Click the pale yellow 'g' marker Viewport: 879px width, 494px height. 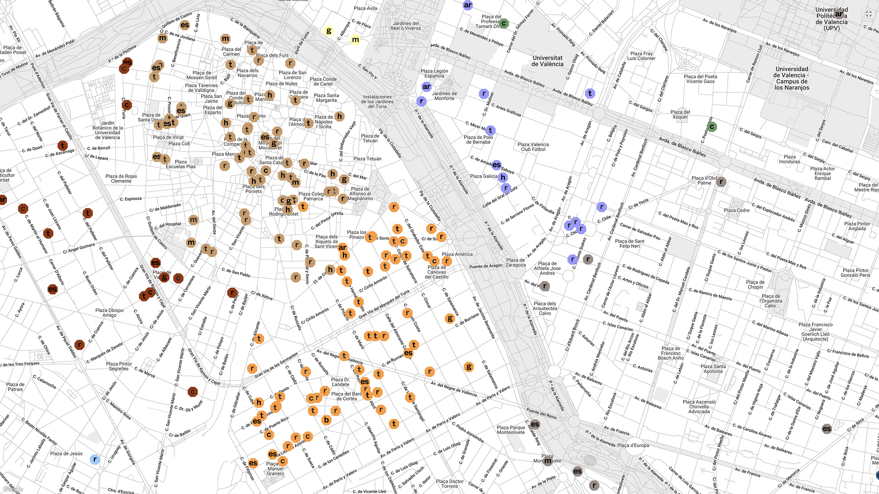pyautogui.click(x=328, y=31)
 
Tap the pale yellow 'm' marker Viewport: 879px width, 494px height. pyautogui.click(x=355, y=40)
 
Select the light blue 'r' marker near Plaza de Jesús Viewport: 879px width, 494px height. pyautogui.click(x=95, y=459)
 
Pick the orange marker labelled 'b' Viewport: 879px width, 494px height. pyautogui.click(x=326, y=420)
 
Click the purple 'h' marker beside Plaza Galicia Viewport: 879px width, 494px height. pyautogui.click(x=503, y=177)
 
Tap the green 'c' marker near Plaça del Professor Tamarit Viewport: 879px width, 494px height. pyautogui.click(x=503, y=24)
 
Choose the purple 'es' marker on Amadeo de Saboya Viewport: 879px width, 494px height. pyautogui.click(x=496, y=164)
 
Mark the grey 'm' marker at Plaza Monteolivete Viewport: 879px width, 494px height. pyautogui.click(x=548, y=461)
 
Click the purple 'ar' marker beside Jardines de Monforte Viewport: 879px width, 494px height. pyautogui.click(x=426, y=86)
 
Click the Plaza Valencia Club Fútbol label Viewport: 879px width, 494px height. pyautogui.click(x=533, y=147)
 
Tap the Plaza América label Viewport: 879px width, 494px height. pyautogui.click(x=457, y=254)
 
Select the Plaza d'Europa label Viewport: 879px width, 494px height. pyautogui.click(x=633, y=446)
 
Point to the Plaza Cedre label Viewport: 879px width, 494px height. pyautogui.click(x=737, y=210)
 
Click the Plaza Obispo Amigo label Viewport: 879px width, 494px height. pyautogui.click(x=109, y=313)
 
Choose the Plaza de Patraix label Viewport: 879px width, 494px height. pyautogui.click(x=15, y=387)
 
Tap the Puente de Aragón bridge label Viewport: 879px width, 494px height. pyautogui.click(x=486, y=266)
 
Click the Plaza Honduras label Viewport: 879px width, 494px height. pyautogui.click(x=789, y=159)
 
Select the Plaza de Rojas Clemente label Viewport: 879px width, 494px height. pyautogui.click(x=121, y=178)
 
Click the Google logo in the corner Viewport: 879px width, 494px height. pyautogui.click(x=13, y=489)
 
